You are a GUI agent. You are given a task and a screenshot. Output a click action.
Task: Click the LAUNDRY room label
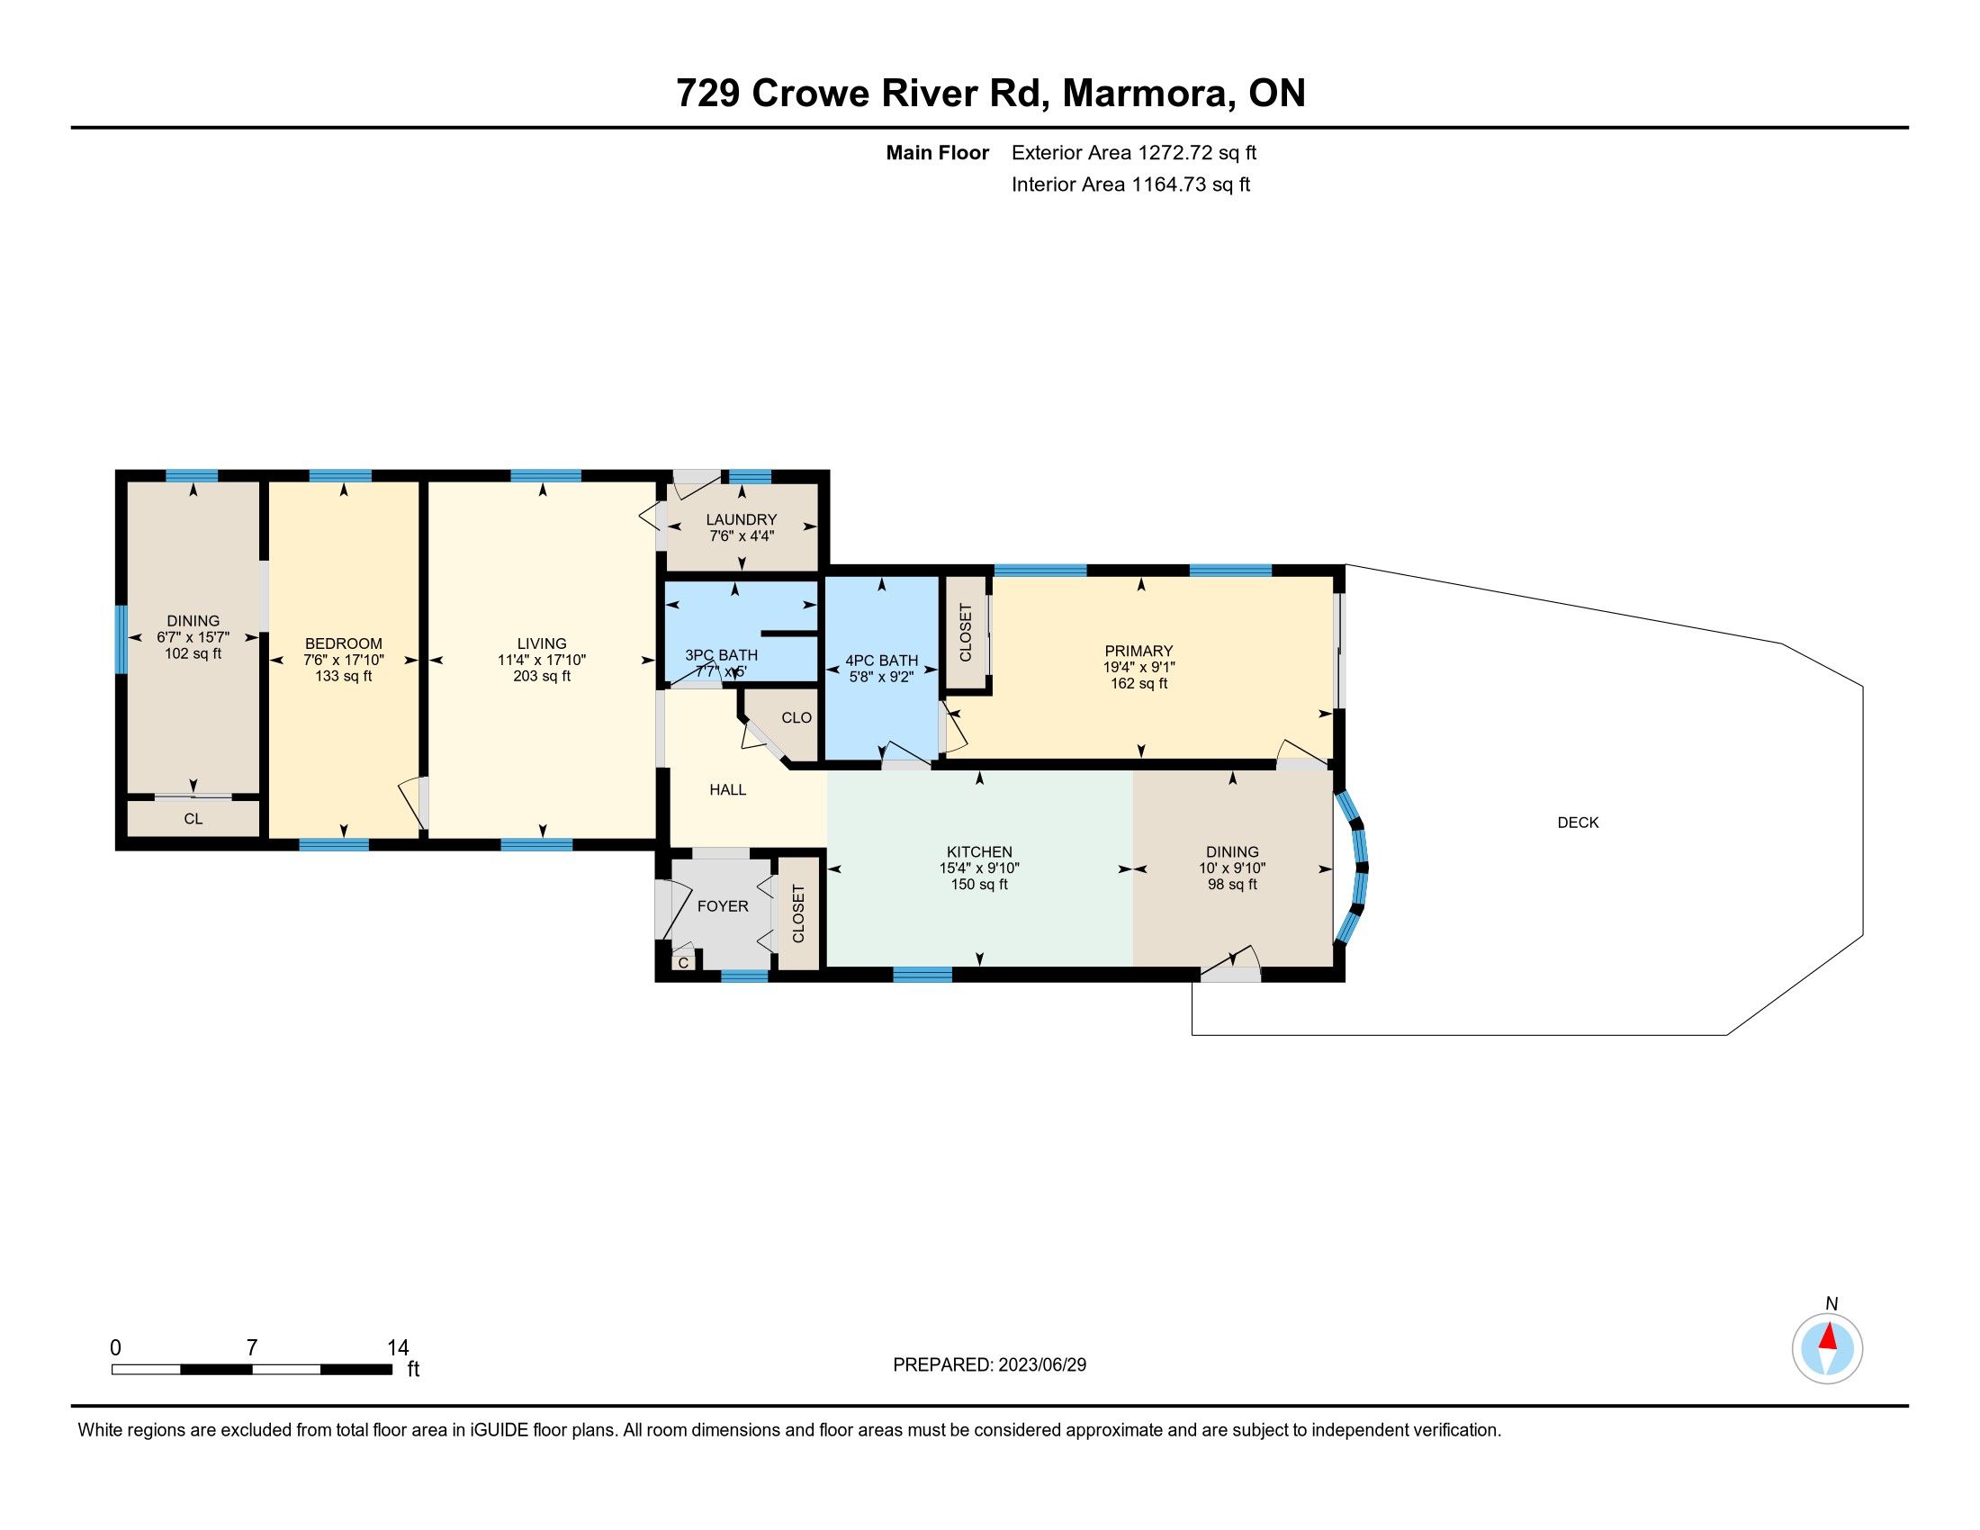point(742,519)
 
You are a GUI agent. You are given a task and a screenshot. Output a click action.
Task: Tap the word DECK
point(1578,822)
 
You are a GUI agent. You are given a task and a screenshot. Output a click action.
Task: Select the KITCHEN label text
point(979,851)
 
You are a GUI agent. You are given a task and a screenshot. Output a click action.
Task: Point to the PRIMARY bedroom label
point(1138,651)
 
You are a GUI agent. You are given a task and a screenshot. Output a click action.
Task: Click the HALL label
point(728,789)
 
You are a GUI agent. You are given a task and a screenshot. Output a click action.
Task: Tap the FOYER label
point(723,905)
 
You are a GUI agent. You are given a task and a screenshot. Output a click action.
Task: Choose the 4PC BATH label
point(881,661)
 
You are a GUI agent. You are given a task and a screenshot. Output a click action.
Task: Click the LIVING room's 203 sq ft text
point(542,675)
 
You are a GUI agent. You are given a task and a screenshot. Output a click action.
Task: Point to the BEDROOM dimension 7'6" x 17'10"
point(344,660)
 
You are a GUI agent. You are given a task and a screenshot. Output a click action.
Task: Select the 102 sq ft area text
point(193,652)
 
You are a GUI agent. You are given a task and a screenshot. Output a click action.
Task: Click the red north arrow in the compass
point(1829,1336)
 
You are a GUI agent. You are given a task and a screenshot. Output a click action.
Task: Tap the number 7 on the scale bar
point(252,1347)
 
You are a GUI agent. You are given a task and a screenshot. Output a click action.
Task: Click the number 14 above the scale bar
point(397,1347)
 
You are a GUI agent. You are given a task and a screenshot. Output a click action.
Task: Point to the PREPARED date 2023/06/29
point(1040,1364)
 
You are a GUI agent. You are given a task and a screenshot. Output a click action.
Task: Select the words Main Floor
point(938,152)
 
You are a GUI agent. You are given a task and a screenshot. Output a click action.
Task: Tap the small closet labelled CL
point(193,818)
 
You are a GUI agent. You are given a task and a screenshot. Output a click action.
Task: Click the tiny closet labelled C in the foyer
point(684,962)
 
